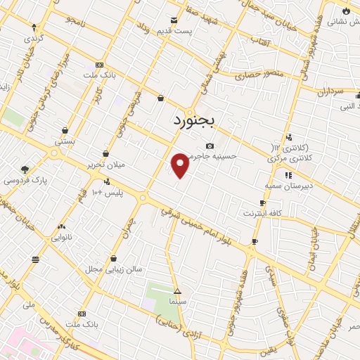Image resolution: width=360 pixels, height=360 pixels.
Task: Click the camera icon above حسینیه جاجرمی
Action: [x=209, y=146]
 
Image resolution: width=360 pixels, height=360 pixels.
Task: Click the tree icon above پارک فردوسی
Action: [x=25, y=169]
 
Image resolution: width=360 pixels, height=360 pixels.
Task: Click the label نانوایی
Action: [x=62, y=238]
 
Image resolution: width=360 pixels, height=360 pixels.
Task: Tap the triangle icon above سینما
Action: [x=177, y=290]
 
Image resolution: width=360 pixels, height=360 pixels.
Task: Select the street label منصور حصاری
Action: [x=257, y=72]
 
